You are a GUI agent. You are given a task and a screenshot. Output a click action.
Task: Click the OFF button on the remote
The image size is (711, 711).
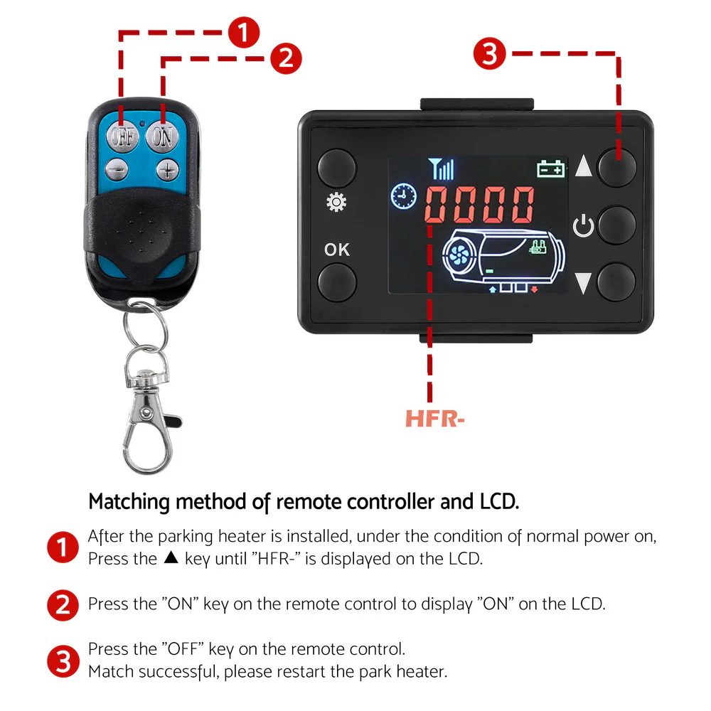[122, 136]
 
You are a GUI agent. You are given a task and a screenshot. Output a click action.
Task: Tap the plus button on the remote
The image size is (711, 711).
[166, 169]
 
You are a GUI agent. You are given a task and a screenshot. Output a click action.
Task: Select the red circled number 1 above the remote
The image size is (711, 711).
[244, 32]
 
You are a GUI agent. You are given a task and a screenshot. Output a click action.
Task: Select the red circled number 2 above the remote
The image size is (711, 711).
[285, 58]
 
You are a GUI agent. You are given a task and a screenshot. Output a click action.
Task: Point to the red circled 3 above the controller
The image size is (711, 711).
[491, 53]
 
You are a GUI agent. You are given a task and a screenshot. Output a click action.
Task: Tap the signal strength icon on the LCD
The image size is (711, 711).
[441, 169]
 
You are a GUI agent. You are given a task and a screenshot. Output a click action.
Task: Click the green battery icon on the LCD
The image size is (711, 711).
[551, 169]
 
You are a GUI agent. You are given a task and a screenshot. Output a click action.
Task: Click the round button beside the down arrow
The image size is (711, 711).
[616, 281]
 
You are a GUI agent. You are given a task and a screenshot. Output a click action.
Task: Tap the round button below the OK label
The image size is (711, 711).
[336, 281]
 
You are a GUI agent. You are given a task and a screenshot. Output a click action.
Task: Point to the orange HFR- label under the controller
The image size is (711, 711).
[435, 419]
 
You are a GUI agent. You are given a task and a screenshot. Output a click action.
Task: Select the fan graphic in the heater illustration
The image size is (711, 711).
[460, 255]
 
